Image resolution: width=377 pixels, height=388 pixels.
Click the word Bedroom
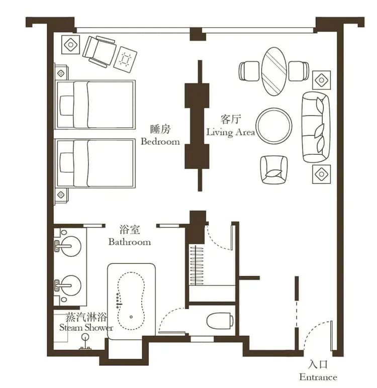pos(160,142)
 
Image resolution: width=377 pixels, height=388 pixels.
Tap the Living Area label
pos(231,133)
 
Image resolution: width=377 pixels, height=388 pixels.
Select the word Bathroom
pos(130,242)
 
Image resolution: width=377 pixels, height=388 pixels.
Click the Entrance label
pos(318,377)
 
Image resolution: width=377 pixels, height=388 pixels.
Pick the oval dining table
pos(274,71)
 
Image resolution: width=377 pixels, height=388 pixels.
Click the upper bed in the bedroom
pos(96,104)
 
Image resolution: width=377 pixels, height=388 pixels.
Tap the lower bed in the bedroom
pos(96,163)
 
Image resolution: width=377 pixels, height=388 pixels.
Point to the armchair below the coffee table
pos(274,169)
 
